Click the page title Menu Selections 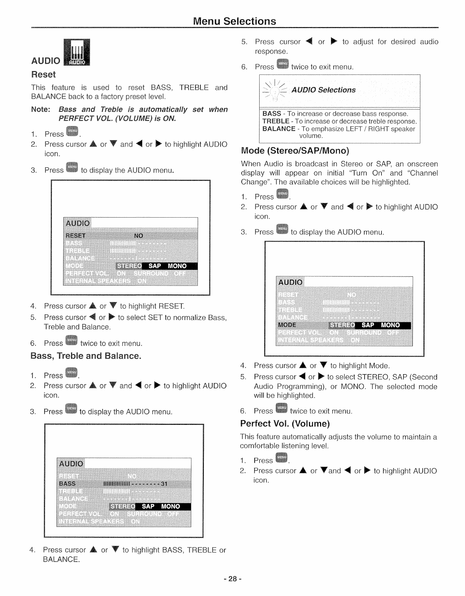(234, 21)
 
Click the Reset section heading (43, 74)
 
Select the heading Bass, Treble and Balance (86, 356)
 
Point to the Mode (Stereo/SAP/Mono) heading (295, 151)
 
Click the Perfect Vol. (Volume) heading (285, 424)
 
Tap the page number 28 (232, 579)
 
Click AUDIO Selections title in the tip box (323, 90)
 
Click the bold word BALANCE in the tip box (279, 129)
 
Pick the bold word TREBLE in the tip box (276, 121)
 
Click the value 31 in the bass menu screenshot (165, 484)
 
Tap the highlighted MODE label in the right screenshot (287, 325)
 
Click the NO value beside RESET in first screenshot (139, 236)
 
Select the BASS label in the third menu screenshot (68, 484)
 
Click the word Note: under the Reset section (40, 110)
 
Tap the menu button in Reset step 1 (72, 131)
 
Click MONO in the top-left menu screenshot (177, 266)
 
